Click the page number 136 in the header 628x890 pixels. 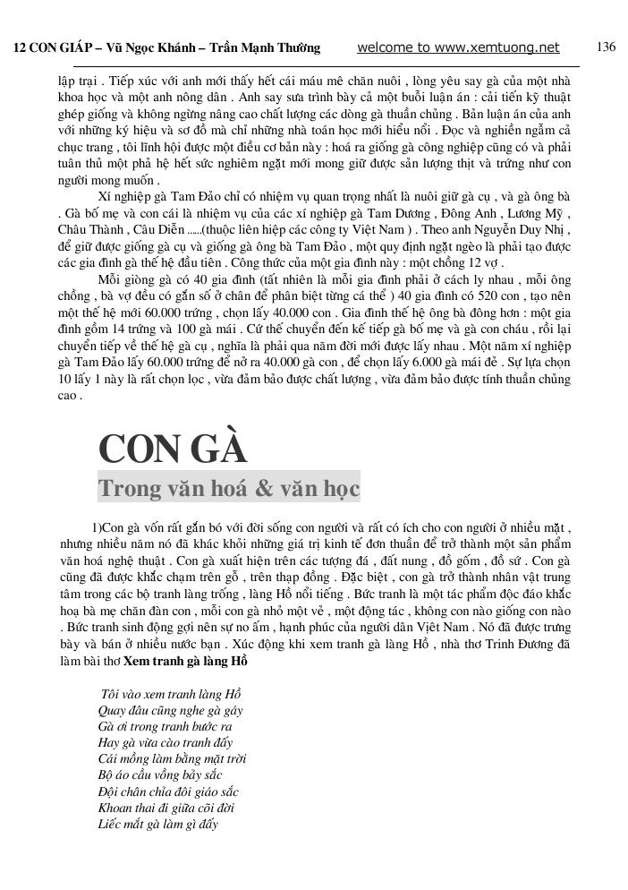pyautogui.click(x=606, y=47)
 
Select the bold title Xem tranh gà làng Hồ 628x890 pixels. pyautogui.click(x=183, y=661)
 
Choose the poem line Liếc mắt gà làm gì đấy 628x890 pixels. pyautogui.click(x=157, y=824)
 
